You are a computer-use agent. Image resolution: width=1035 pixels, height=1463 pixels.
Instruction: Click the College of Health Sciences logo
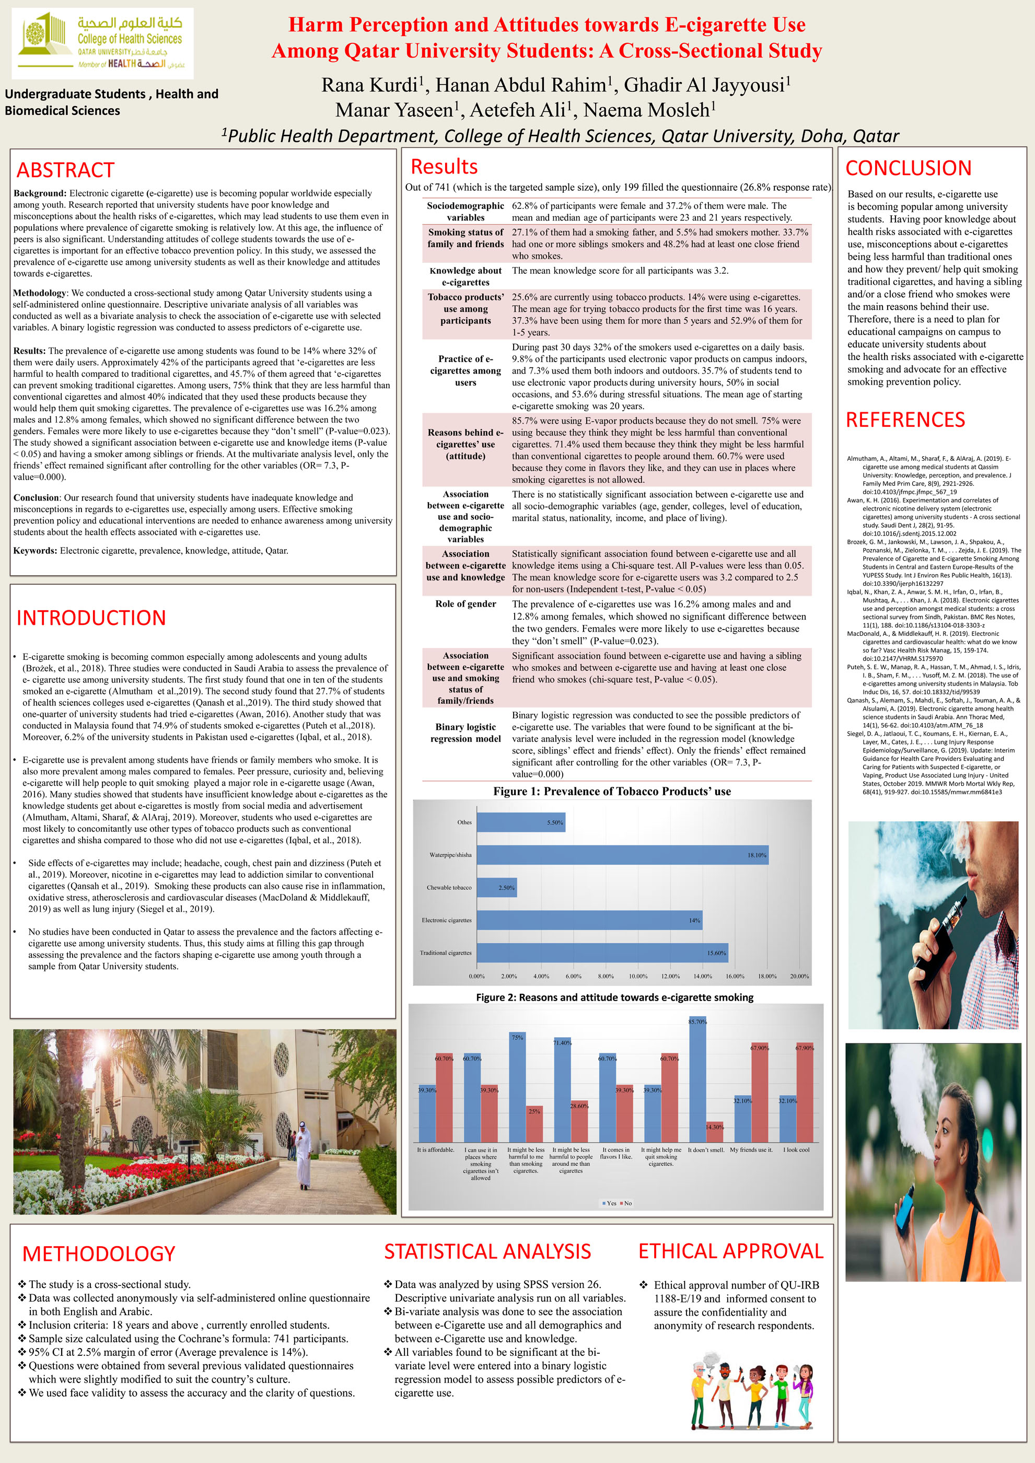tap(102, 43)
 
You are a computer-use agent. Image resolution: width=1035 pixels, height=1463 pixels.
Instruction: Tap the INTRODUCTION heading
tap(91, 618)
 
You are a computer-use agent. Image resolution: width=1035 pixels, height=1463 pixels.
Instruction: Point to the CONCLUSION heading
tap(908, 168)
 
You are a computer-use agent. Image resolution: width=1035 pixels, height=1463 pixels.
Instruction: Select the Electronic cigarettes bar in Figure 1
tap(589, 920)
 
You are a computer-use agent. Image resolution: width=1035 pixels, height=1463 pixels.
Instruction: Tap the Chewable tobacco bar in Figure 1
tap(496, 887)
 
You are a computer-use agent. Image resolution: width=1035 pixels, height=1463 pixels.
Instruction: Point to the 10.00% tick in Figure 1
tap(638, 976)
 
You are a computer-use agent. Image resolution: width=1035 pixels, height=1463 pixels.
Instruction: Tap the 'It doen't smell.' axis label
tap(706, 1150)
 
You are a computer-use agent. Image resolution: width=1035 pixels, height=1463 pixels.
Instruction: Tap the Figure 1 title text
tap(612, 792)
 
